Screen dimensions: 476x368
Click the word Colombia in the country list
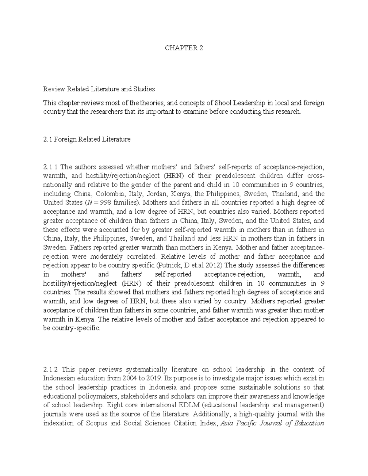[110, 194]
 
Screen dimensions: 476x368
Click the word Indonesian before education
[58, 379]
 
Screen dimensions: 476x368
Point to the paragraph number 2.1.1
[50, 167]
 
